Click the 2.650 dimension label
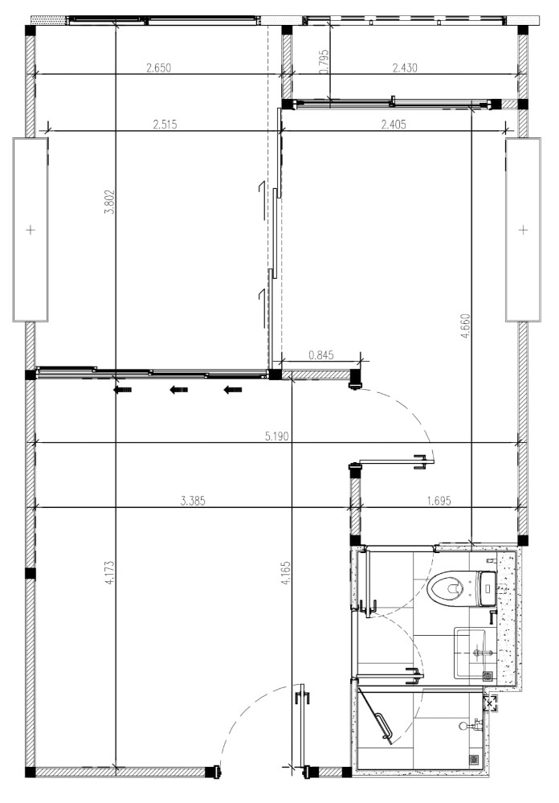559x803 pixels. [158, 68]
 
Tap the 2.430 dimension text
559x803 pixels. [405, 68]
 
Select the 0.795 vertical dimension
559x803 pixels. [324, 62]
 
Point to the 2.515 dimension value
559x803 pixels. [165, 124]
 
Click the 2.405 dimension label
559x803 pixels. [394, 124]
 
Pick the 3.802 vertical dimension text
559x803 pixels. [109, 202]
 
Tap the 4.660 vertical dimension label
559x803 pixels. [465, 326]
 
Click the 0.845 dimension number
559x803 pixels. [321, 355]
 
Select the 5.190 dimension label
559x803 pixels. [277, 436]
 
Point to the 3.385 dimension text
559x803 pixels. [193, 501]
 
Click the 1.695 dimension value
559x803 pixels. [439, 501]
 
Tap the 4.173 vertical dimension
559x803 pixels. [109, 573]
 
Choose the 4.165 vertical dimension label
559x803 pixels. [286, 573]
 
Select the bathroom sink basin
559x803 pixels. [470, 653]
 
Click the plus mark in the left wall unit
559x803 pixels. [31, 229]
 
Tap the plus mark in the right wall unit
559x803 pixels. [523, 229]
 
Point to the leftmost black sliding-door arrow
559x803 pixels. [122, 390]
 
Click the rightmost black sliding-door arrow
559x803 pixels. [233, 390]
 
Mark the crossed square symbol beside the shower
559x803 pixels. [490, 705]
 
